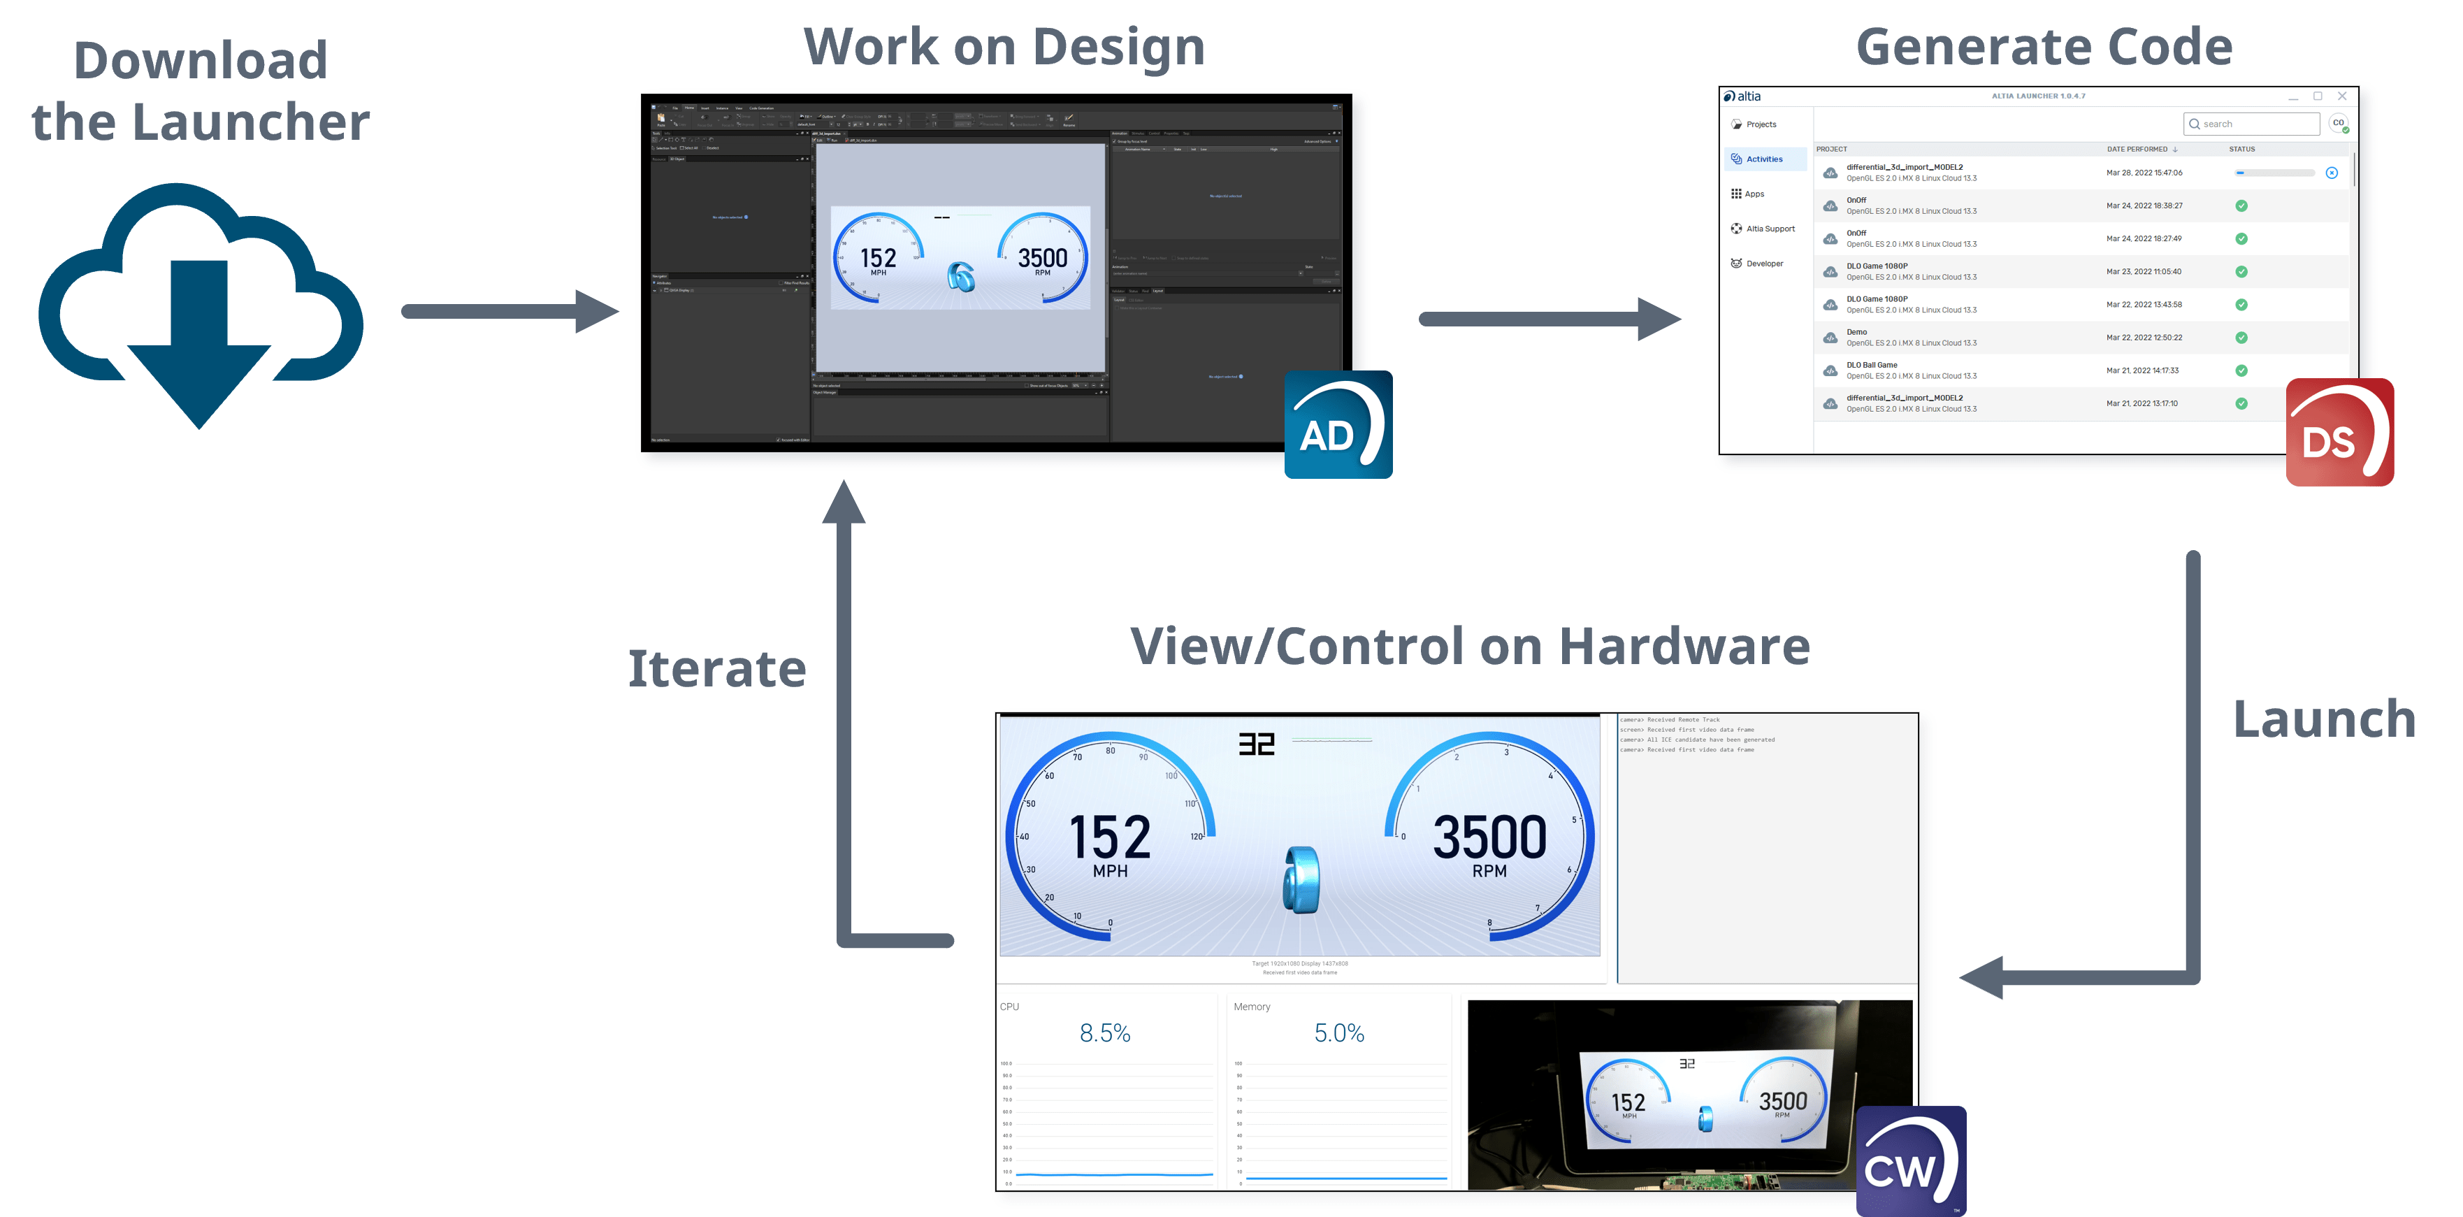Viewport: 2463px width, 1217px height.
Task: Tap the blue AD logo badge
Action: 1338,424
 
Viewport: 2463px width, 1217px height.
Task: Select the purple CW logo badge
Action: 1910,1160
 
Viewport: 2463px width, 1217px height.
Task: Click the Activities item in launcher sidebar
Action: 1764,159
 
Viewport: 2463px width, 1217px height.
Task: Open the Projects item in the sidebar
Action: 1761,124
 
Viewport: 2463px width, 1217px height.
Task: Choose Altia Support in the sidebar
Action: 1770,229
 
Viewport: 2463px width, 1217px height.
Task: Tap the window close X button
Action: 2341,96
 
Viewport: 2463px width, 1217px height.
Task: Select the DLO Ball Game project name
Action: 1871,365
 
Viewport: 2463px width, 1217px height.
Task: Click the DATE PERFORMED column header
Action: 2137,149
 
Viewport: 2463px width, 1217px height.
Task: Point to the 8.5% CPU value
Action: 1104,1033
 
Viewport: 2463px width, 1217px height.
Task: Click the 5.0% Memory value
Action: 1338,1033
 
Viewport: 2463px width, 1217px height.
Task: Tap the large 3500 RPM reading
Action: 1489,837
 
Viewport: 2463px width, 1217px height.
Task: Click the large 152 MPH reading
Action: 1109,837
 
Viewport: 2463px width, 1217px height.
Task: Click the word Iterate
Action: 717,668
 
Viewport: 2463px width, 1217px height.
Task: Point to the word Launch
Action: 2323,719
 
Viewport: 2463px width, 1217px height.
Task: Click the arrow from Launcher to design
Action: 507,312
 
